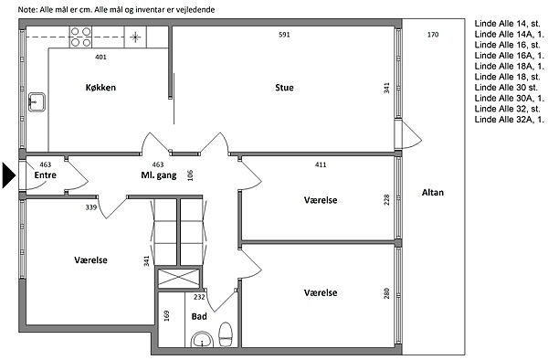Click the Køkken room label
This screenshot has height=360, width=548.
point(100,88)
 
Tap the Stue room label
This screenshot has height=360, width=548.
point(284,88)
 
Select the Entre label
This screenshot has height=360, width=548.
point(46,175)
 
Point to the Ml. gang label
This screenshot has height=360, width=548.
point(159,175)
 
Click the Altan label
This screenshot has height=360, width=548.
point(433,193)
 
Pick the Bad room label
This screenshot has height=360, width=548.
point(199,317)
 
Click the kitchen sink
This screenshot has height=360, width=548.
point(37,102)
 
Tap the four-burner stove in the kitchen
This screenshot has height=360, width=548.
point(80,37)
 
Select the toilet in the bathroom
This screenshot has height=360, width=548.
point(226,334)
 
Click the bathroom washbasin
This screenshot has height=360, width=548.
point(202,339)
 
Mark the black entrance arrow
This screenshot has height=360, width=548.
point(9,175)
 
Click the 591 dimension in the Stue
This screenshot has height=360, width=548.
point(284,35)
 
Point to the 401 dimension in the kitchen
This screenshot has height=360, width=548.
point(101,57)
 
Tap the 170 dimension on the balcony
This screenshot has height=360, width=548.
point(433,35)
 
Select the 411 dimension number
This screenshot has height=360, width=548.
point(321,164)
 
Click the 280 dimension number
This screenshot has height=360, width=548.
point(386,293)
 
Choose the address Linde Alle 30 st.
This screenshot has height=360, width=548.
point(506,88)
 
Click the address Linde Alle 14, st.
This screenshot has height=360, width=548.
point(507,24)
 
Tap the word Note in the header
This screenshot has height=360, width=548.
point(26,10)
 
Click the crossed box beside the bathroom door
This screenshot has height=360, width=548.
point(179,278)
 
